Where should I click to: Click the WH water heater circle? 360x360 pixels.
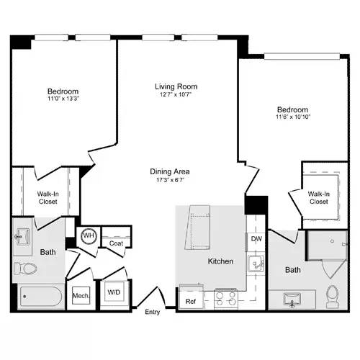click(x=89, y=236)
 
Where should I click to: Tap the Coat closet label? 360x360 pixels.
click(x=116, y=243)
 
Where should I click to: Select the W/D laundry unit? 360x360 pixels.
click(x=114, y=292)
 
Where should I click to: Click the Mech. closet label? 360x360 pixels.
click(x=79, y=296)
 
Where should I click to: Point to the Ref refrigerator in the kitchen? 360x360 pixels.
click(x=191, y=301)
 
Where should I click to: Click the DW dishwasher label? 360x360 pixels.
click(x=256, y=238)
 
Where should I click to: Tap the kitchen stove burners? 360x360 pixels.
click(x=225, y=298)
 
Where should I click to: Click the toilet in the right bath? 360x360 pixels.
click(x=332, y=296)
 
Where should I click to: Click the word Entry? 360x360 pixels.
click(x=153, y=312)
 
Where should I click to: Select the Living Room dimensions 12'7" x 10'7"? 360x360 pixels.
click(x=176, y=95)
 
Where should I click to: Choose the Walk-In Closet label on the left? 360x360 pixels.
click(x=48, y=197)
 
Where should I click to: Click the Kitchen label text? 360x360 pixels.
click(x=220, y=261)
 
